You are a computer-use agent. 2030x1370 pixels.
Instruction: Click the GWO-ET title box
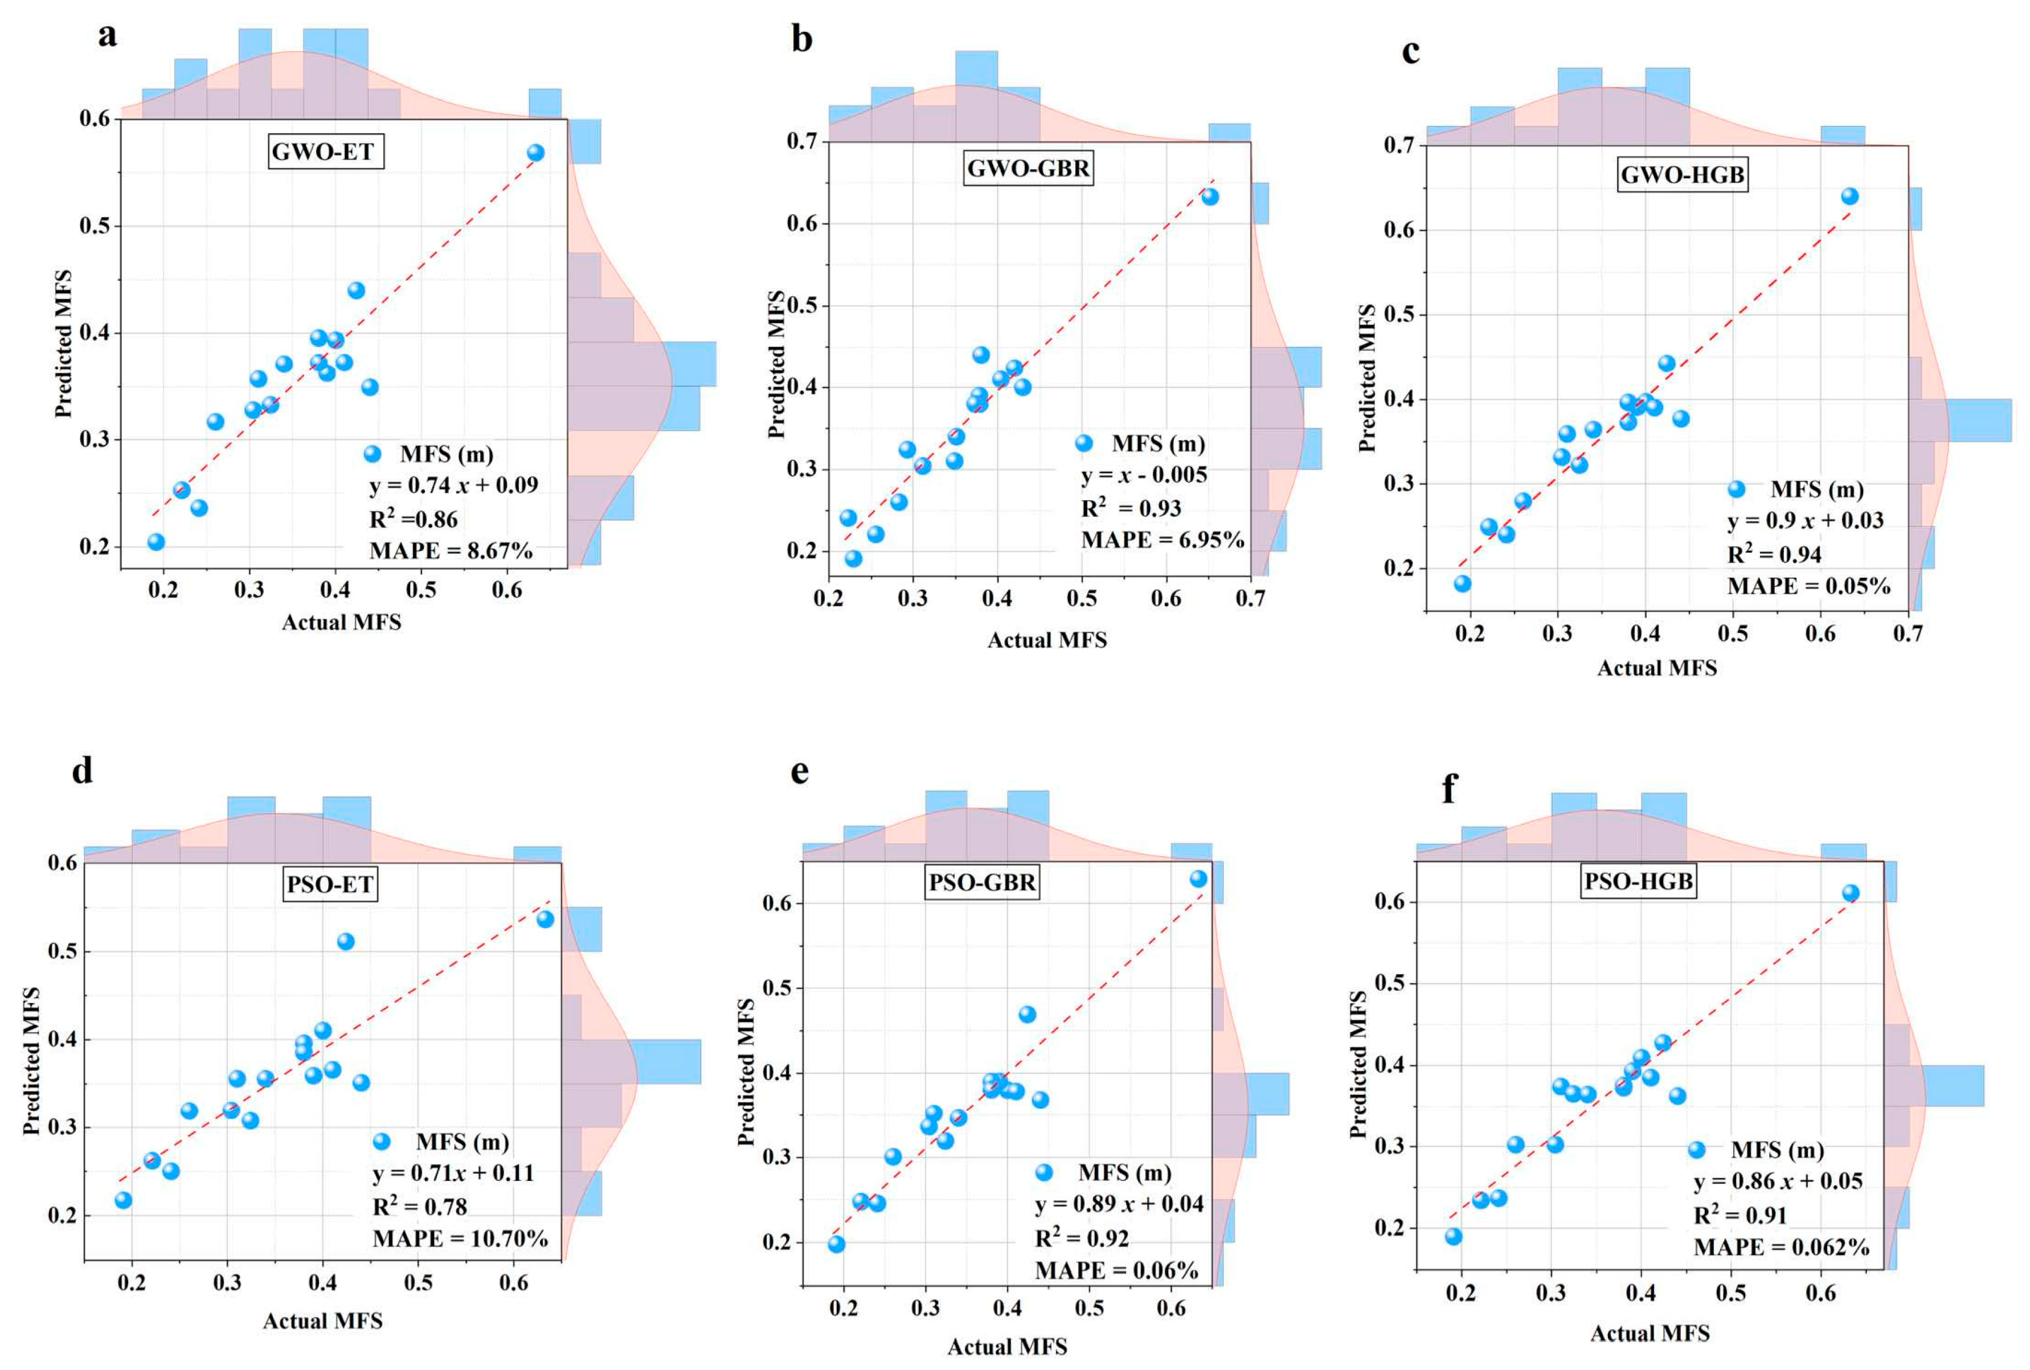[x=325, y=152]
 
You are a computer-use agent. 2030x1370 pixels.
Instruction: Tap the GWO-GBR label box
[x=1028, y=167]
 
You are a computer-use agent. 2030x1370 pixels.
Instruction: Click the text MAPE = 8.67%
[x=451, y=550]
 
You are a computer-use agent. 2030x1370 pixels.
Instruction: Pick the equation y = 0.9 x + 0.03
[x=1804, y=521]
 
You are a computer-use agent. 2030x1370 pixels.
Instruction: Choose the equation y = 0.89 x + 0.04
[x=1119, y=1205]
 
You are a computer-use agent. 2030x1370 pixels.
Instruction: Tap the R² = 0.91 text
[x=1740, y=1216]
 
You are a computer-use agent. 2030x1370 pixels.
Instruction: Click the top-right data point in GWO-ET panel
[x=535, y=153]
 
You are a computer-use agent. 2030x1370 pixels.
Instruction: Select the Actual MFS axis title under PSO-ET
[x=322, y=1321]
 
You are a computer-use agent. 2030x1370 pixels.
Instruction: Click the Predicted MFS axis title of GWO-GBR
[x=776, y=363]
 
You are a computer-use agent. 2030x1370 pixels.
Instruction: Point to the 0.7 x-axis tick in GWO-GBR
[x=1250, y=599]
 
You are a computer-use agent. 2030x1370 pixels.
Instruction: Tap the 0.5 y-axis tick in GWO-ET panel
[x=97, y=226]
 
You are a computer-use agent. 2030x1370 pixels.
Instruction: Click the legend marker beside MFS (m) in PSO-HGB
[x=1696, y=1150]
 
